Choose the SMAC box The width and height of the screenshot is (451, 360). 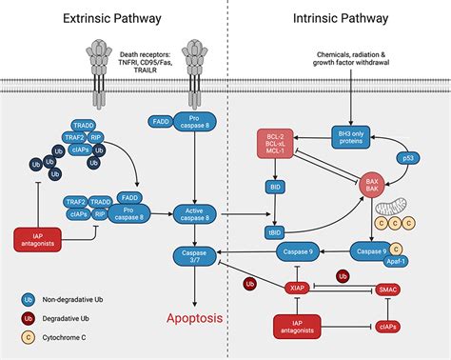[x=389, y=286]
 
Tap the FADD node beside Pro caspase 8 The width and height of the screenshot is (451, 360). [x=160, y=121]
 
